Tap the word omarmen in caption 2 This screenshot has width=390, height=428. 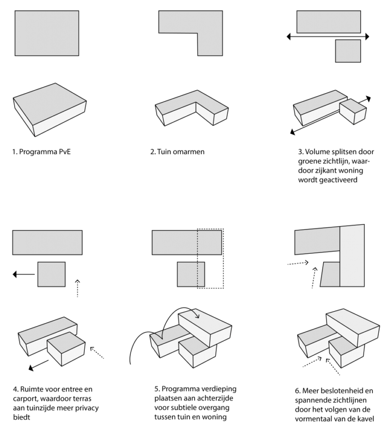189,152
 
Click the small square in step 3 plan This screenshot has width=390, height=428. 348,51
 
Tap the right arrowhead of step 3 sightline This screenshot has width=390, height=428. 367,36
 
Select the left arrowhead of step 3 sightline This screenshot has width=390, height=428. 289,36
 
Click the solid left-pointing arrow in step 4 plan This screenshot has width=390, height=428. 24,274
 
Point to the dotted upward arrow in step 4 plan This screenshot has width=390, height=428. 78,288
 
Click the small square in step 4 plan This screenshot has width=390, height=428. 52,274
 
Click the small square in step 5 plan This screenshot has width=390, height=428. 191,274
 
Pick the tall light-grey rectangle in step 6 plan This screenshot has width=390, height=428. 352,256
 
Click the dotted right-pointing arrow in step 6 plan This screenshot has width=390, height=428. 298,263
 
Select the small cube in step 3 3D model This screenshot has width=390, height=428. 353,111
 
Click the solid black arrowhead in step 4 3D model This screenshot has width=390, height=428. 31,368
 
